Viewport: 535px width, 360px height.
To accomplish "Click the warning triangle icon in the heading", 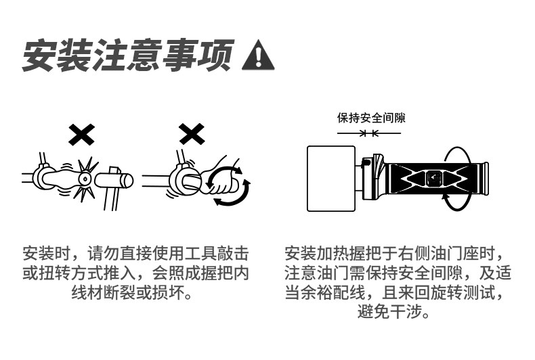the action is tap(258, 55).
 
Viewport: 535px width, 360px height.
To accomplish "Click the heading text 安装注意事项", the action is tap(128, 55).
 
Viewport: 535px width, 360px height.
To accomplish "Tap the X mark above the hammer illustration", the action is tap(82, 135).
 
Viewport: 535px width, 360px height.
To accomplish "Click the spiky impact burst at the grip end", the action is tap(85, 179).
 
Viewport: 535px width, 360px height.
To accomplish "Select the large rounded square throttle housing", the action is tap(332, 178).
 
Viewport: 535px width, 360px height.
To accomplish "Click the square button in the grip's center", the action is tap(433, 179).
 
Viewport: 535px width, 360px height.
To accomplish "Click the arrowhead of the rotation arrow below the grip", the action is tap(446, 198).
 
